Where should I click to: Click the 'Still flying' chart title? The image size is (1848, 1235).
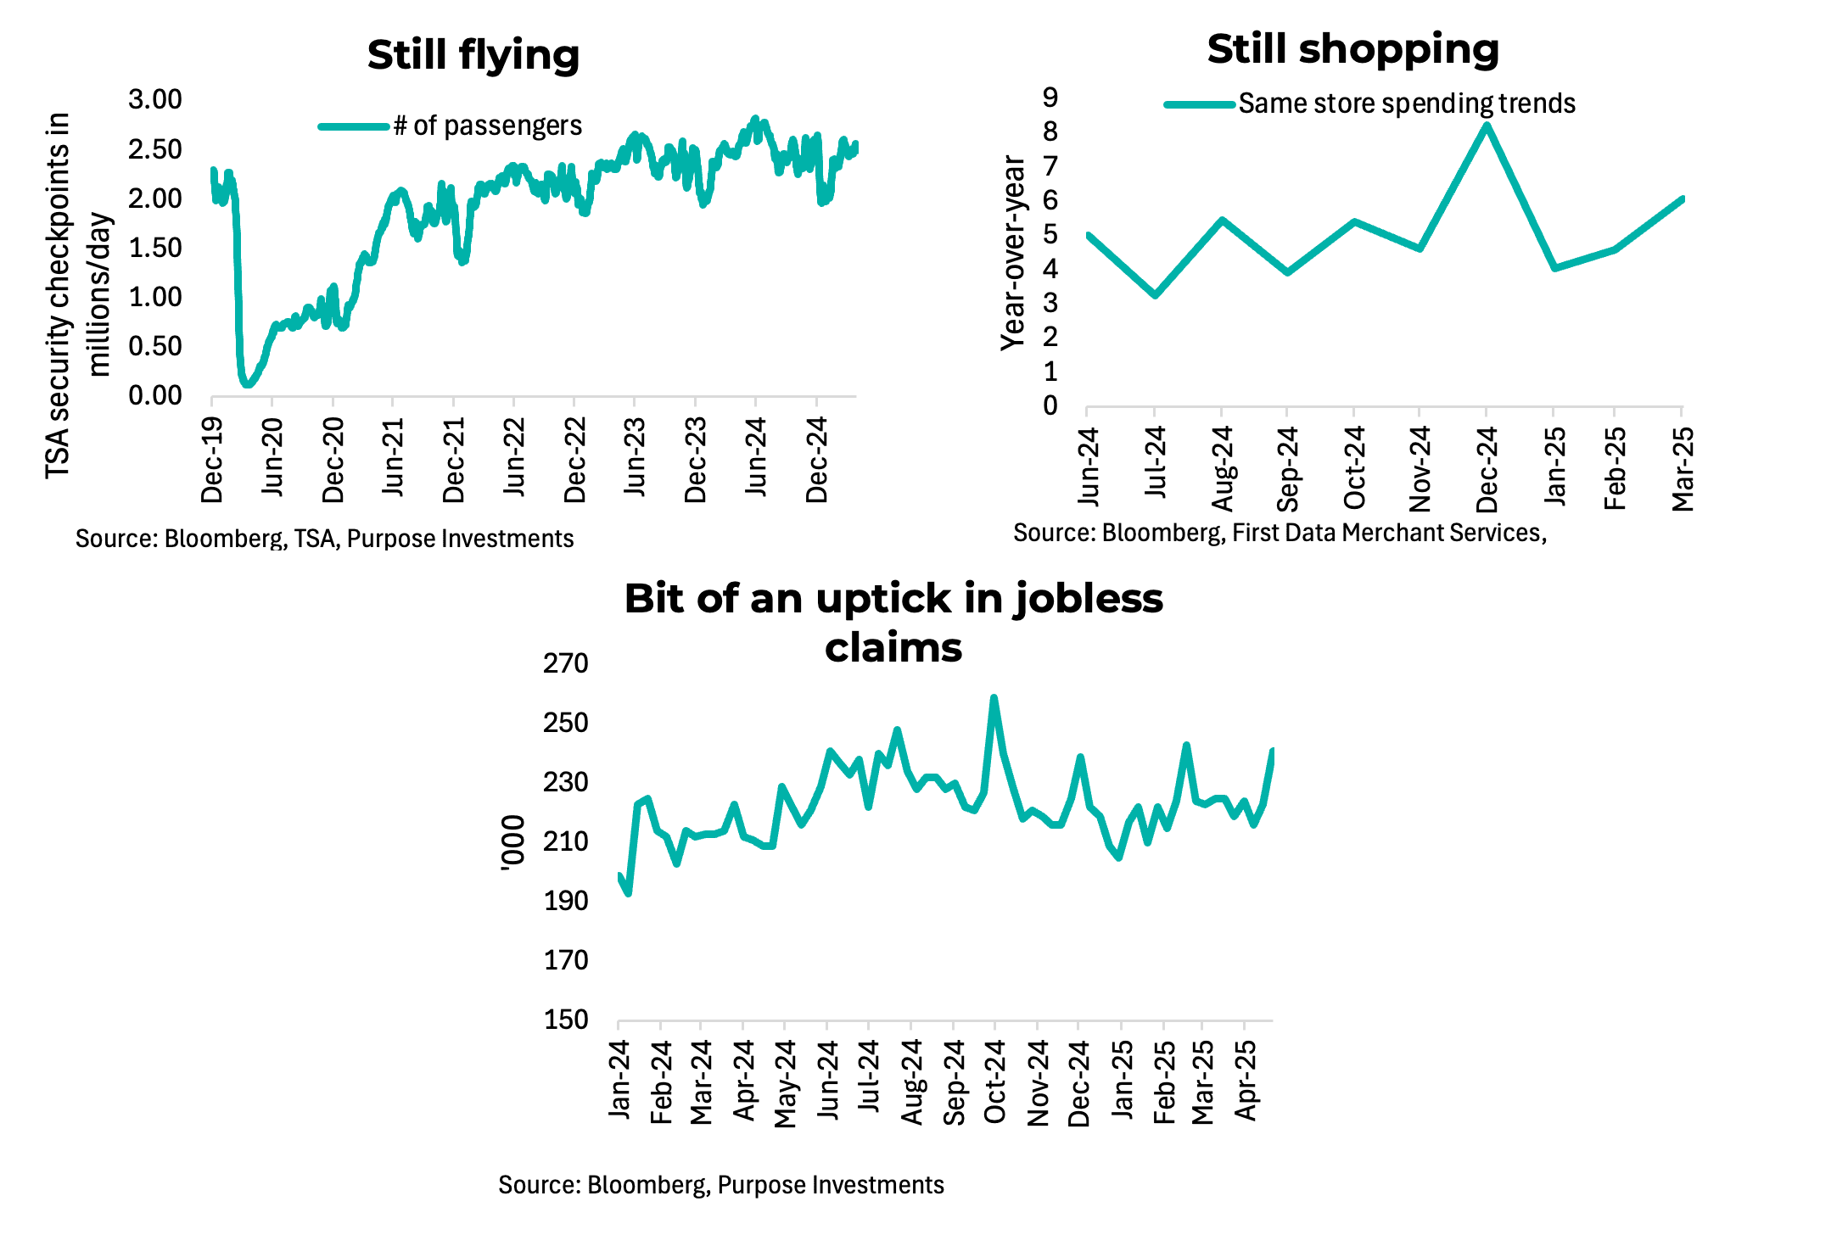(473, 55)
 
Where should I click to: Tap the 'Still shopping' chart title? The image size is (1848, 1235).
(1352, 49)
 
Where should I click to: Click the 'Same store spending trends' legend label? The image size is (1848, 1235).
(1406, 103)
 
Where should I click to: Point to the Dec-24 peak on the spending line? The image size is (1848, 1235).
(1487, 126)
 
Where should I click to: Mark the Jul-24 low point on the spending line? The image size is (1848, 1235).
(1155, 294)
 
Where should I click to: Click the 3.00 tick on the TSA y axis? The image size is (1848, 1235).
(155, 99)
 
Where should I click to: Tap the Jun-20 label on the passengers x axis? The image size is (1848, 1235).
(272, 457)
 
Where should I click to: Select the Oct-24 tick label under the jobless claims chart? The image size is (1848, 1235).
(994, 1081)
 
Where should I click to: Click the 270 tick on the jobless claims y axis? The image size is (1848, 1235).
(566, 663)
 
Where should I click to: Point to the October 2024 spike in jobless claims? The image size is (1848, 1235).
(994, 698)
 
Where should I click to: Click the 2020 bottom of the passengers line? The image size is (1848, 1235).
(247, 384)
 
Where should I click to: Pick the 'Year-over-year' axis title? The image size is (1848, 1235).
(1013, 253)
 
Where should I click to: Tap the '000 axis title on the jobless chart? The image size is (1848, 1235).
(513, 842)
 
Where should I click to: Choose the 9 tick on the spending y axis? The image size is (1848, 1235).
(1050, 98)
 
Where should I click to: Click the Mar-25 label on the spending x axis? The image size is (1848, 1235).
(1683, 469)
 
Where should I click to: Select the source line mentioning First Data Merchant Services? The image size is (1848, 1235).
(1280, 533)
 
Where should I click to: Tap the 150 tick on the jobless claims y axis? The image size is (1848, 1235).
(566, 1020)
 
